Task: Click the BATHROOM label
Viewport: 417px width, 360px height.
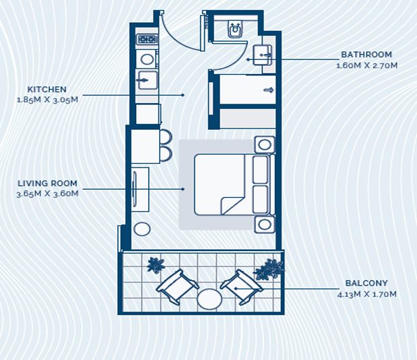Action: [366, 55]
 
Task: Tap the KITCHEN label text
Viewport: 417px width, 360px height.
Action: [46, 89]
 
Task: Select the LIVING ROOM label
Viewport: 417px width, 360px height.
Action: [47, 183]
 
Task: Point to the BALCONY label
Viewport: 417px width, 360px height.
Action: [366, 283]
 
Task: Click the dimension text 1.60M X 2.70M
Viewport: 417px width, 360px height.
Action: [366, 65]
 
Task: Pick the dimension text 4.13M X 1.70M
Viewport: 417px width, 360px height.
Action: [366, 294]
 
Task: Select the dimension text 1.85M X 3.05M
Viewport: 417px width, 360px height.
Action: [47, 100]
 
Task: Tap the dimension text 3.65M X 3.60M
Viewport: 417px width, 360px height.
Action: [47, 194]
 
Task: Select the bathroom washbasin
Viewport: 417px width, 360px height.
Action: [263, 55]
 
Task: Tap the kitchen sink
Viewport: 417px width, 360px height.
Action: [147, 80]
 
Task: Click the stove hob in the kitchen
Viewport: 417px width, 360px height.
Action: [147, 39]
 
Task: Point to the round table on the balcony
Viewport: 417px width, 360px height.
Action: [210, 299]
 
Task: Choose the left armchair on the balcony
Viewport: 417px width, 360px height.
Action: [177, 287]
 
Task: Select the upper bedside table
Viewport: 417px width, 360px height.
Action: [264, 145]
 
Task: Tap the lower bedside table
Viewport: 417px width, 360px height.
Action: [264, 225]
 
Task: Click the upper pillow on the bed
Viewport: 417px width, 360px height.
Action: [260, 170]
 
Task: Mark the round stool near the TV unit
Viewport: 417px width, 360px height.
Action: [142, 229]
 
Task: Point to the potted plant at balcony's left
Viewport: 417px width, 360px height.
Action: [156, 265]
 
